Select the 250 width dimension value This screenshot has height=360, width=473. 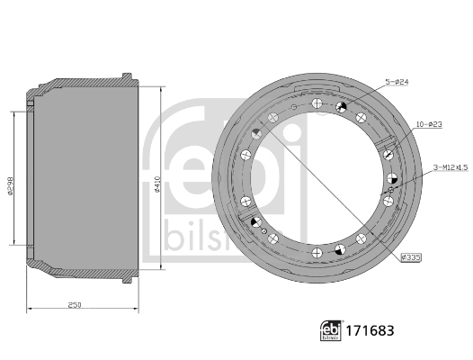click(75, 305)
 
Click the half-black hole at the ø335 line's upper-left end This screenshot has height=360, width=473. click(256, 133)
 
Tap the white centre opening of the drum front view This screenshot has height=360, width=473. click(319, 175)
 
